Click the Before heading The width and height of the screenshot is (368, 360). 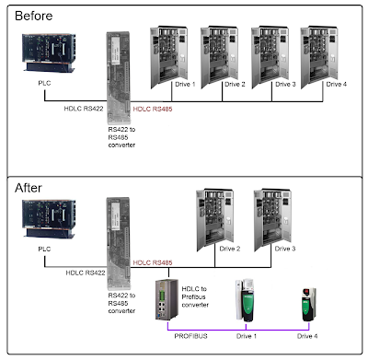click(x=34, y=16)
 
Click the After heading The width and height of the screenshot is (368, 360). click(x=29, y=188)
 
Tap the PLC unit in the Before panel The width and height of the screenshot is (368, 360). click(x=49, y=52)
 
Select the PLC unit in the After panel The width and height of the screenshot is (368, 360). click(x=49, y=219)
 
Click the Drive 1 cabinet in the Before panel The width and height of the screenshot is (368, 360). click(x=169, y=57)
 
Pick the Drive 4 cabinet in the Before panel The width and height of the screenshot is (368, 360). click(x=319, y=57)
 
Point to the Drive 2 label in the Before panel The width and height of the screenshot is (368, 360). click(x=235, y=85)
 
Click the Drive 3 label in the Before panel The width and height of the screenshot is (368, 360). click(x=285, y=85)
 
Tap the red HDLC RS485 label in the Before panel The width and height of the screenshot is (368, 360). click(x=153, y=109)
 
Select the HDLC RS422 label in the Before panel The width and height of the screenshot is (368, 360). click(x=84, y=109)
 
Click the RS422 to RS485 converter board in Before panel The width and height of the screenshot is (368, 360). click(x=119, y=77)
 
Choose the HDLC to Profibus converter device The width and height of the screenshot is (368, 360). click(x=167, y=300)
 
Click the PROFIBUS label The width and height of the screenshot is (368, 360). click(x=190, y=336)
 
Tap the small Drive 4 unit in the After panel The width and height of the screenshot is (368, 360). click(x=308, y=305)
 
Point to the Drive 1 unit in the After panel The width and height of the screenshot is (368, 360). click(x=246, y=300)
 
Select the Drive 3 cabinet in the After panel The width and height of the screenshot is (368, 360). click(x=272, y=220)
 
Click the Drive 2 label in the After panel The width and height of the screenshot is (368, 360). click(x=230, y=249)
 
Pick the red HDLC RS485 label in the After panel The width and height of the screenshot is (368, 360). click(x=153, y=262)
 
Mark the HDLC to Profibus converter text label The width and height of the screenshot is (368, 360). click(x=195, y=296)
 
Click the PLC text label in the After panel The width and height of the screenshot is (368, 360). click(x=44, y=249)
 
